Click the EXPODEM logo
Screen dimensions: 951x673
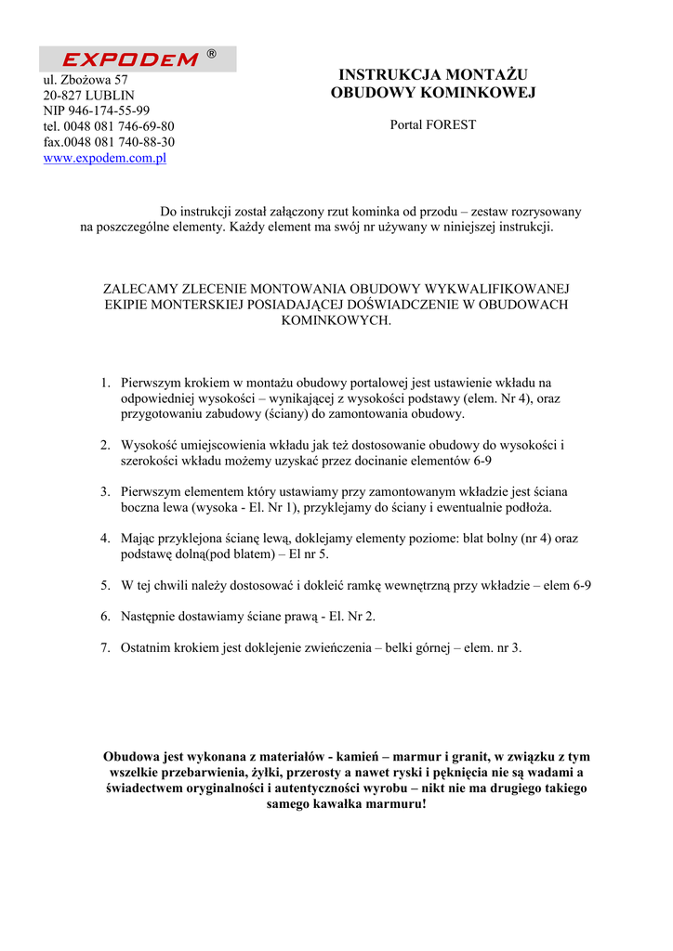pyautogui.click(x=130, y=59)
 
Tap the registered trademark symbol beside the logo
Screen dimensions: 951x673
pyautogui.click(x=212, y=55)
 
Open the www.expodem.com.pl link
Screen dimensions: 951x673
pyautogui.click(x=105, y=158)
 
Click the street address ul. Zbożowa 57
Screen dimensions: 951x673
pyautogui.click(x=86, y=80)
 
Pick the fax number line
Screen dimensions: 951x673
pyautogui.click(x=109, y=142)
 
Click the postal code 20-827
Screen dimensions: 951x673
pyautogui.click(x=62, y=95)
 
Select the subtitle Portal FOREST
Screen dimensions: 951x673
pyautogui.click(x=432, y=124)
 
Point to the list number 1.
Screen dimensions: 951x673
pyautogui.click(x=105, y=382)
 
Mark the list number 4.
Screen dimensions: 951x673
pyautogui.click(x=105, y=538)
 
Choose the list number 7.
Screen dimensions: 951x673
pyautogui.click(x=105, y=647)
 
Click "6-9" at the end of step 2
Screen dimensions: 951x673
pyautogui.click(x=482, y=460)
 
